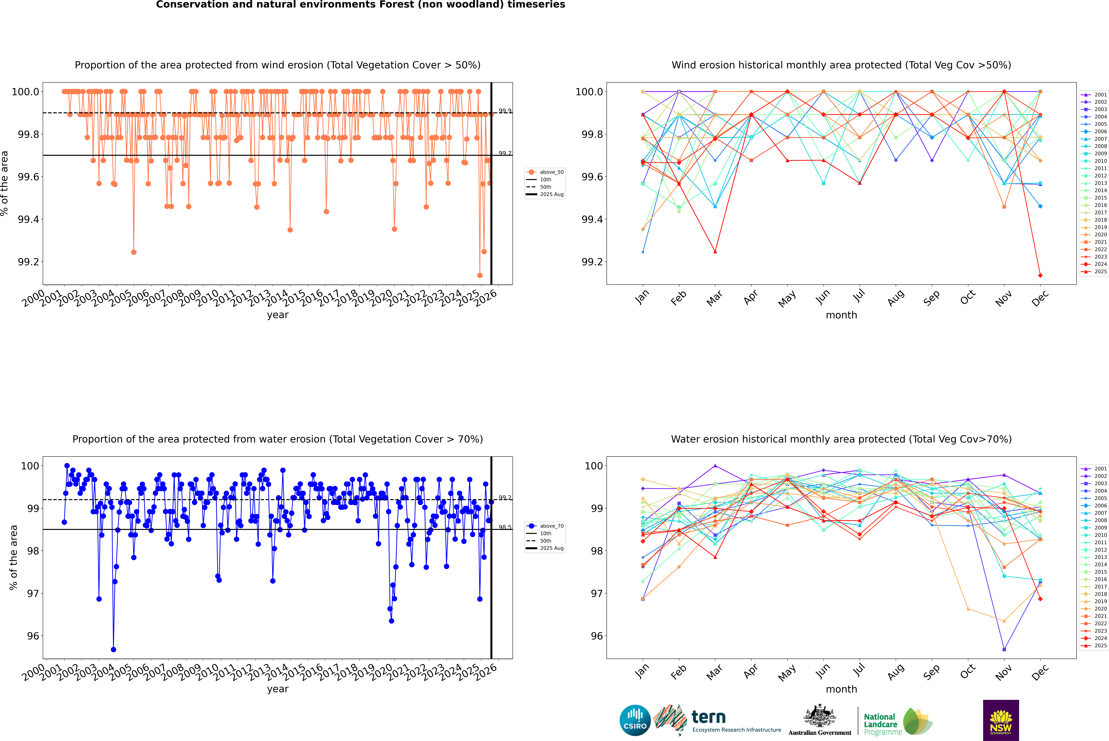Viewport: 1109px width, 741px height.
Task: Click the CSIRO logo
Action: [x=635, y=720]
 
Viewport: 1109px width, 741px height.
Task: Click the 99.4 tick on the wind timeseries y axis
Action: [x=28, y=219]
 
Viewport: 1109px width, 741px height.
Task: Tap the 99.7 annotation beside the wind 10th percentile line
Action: [x=505, y=153]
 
